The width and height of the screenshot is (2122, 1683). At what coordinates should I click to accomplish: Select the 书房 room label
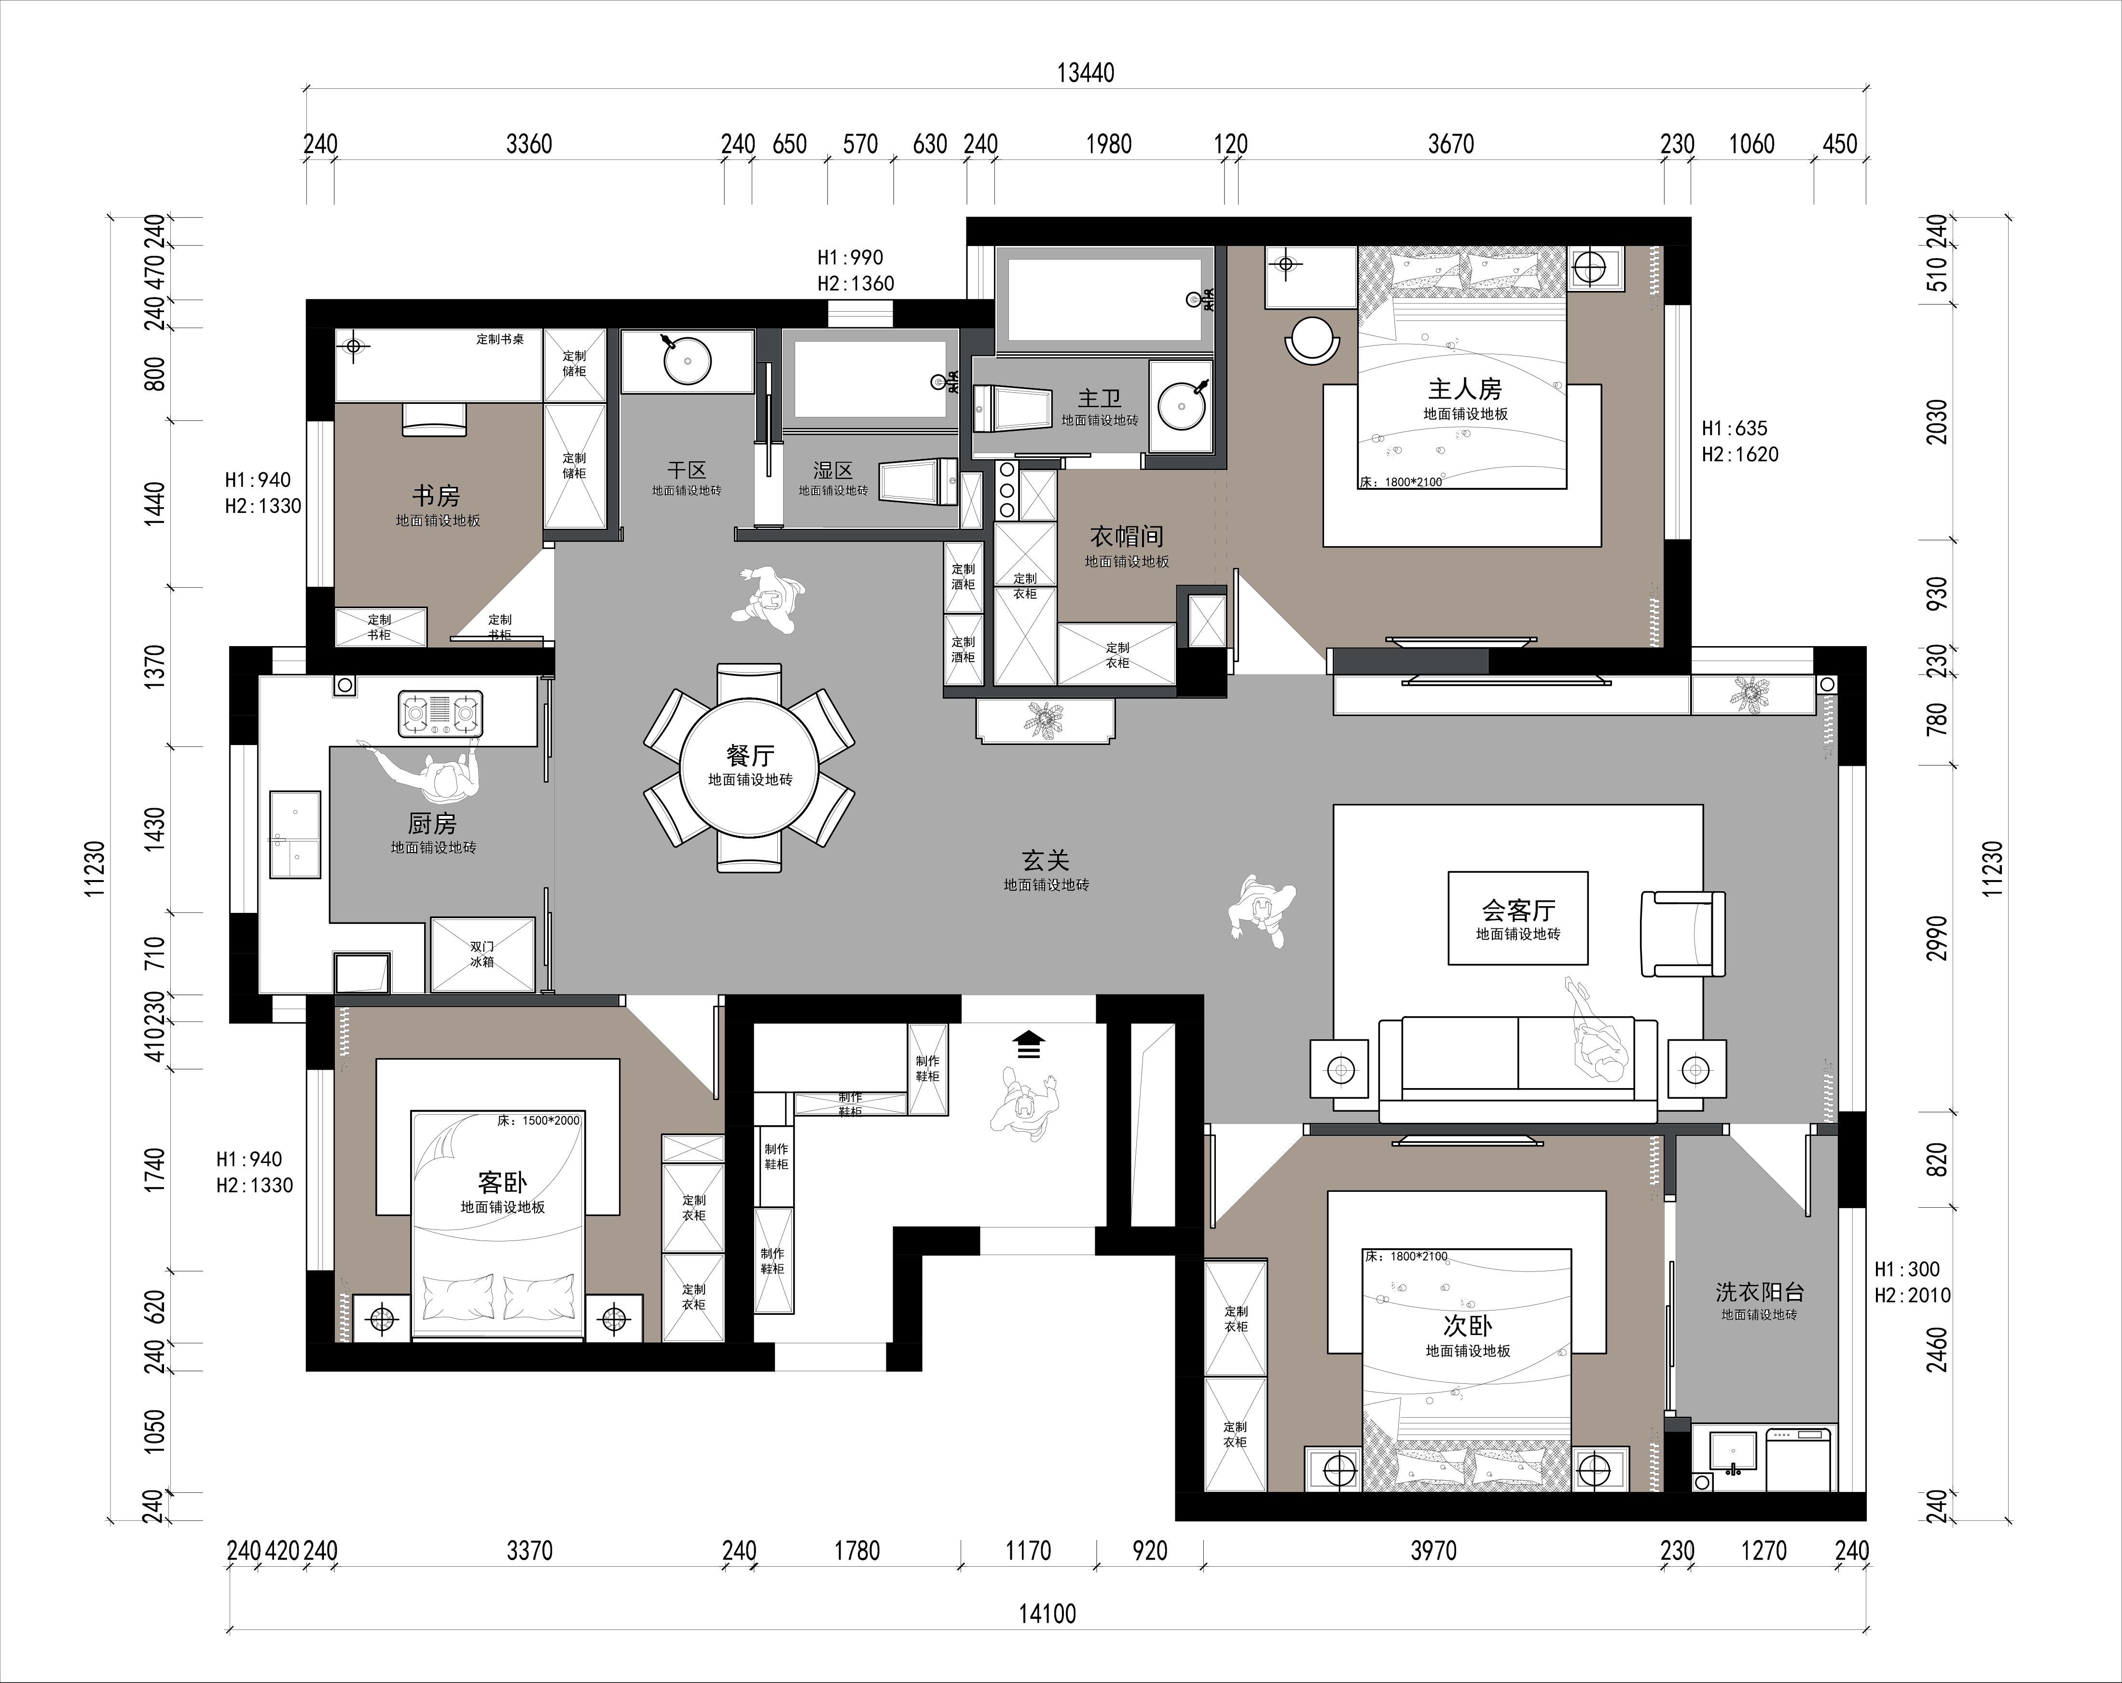pos(436,495)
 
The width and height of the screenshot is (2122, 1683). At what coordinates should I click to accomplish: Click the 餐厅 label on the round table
pos(750,755)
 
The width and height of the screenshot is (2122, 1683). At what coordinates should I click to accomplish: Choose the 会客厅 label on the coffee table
pos(1519,910)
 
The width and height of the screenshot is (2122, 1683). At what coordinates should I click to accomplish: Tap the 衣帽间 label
pos(1127,537)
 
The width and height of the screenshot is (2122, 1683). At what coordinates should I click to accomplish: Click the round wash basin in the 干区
pos(687,360)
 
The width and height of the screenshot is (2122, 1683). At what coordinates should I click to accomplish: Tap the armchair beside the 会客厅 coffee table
pos(1683,934)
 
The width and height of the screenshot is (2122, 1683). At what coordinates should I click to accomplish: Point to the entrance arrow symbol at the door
pos(1029,1044)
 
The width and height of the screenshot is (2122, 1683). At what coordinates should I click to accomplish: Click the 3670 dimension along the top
pos(1451,145)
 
